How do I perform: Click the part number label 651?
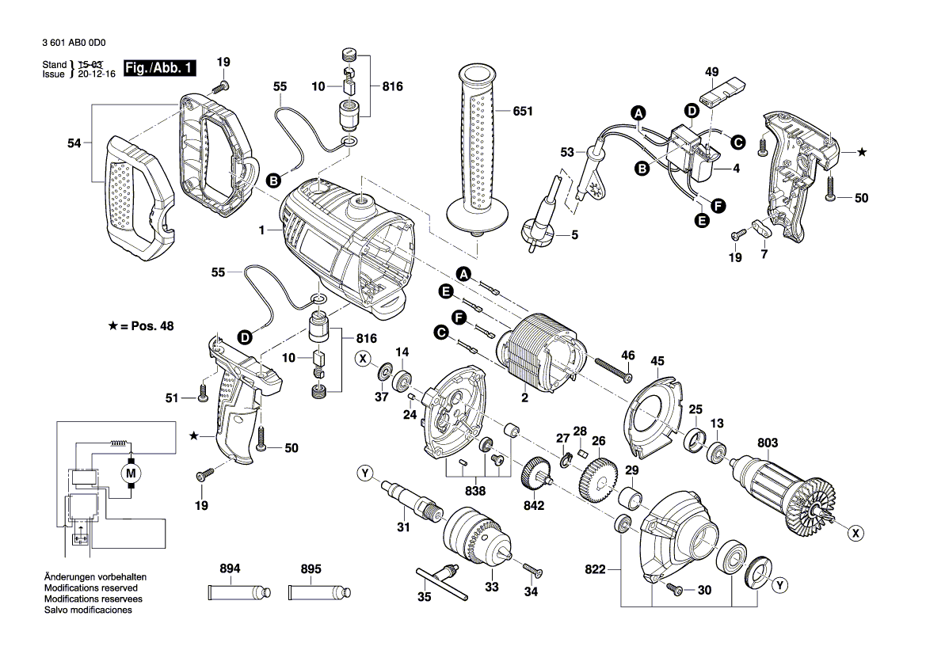[x=522, y=112]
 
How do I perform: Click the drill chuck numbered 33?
[x=476, y=535]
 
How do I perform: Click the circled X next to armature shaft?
[x=856, y=534]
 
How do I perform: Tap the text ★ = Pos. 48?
[x=140, y=325]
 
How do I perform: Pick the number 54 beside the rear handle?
[x=74, y=143]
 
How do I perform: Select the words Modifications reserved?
[x=91, y=588]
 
